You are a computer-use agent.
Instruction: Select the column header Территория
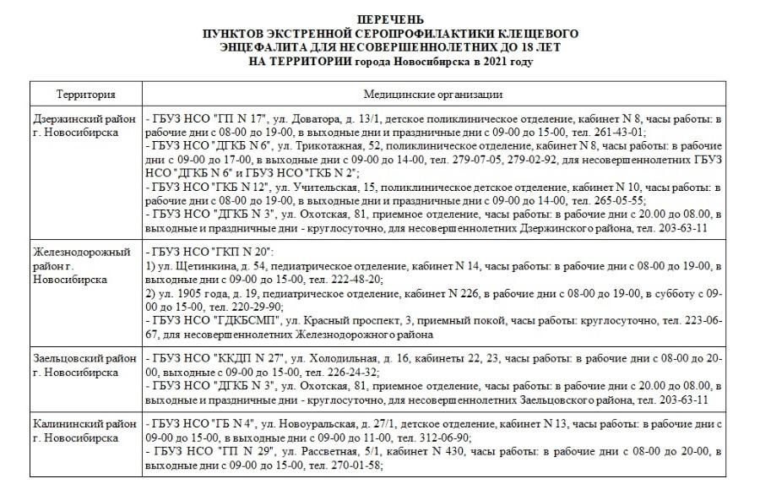pyautogui.click(x=86, y=95)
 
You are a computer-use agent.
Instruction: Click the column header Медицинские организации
pyautogui.click(x=433, y=95)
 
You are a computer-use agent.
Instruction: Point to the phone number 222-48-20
pyautogui.click(x=357, y=280)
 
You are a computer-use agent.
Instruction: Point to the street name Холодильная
pyautogui.click(x=338, y=359)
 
